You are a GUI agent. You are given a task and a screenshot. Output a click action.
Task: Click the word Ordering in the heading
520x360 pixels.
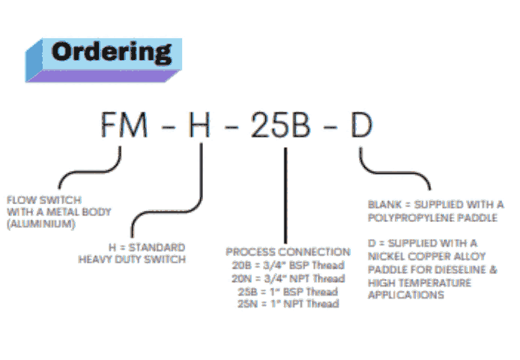(112, 52)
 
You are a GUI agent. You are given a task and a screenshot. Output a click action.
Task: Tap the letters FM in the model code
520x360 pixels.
(124, 124)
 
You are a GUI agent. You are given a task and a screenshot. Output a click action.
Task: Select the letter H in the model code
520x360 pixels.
(199, 124)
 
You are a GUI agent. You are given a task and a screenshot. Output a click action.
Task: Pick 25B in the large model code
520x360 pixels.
(280, 124)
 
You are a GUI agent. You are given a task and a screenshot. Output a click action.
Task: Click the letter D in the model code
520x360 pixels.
(361, 124)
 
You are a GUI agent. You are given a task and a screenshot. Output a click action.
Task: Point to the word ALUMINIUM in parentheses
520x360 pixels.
(41, 223)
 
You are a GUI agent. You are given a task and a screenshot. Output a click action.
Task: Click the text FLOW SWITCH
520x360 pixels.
(44, 200)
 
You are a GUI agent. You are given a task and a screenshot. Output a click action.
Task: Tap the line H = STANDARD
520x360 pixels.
(147, 247)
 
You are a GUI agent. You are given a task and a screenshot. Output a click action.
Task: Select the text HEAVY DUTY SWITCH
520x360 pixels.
(132, 259)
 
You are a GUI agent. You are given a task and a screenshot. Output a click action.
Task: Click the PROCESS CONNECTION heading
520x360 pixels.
(288, 252)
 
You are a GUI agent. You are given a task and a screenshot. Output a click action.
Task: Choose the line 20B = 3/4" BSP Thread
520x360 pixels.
(288, 265)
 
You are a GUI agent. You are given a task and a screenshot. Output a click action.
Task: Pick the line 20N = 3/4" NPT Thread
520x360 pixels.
(288, 278)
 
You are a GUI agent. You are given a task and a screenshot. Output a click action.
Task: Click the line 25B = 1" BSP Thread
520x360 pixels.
(288, 292)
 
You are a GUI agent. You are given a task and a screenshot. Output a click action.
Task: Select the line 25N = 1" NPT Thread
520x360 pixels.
(288, 304)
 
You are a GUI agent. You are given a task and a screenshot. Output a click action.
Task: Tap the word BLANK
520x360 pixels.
(384, 204)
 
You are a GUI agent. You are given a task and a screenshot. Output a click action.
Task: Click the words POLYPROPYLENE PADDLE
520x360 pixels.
(432, 217)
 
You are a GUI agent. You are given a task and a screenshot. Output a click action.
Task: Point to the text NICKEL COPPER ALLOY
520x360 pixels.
(426, 256)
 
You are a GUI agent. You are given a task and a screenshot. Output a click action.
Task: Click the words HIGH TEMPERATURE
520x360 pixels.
(419, 283)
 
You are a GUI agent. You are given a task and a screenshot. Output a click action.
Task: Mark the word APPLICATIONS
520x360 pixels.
(405, 295)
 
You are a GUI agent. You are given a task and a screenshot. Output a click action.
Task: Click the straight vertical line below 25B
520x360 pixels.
(285, 196)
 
